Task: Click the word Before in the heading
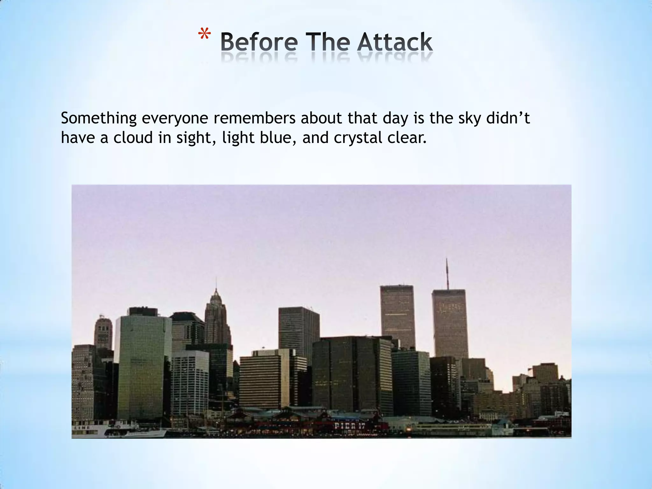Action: [x=259, y=42]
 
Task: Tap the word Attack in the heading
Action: [x=394, y=42]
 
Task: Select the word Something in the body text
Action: [x=98, y=118]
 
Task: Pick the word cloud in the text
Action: [x=133, y=138]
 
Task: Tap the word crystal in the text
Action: [x=358, y=138]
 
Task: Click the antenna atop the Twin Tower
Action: [x=447, y=274]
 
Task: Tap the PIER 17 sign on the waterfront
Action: [x=350, y=426]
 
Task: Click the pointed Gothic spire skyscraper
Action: [x=216, y=318]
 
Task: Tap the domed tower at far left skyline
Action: [x=103, y=333]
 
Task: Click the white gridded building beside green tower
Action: [x=190, y=382]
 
